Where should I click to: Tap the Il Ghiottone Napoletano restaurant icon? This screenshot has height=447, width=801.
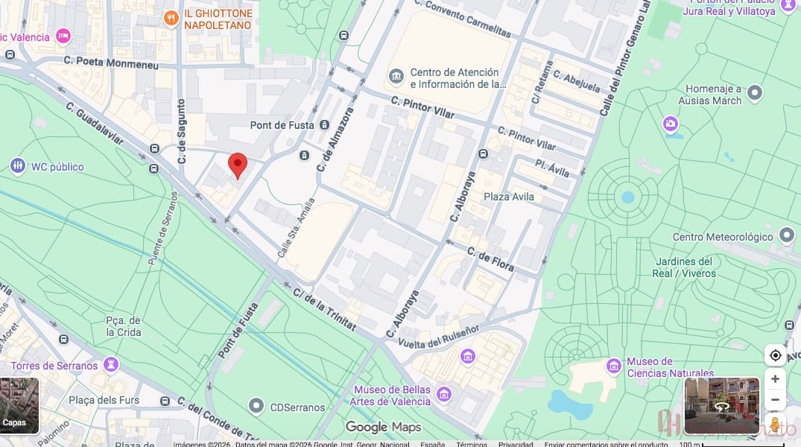(171, 19)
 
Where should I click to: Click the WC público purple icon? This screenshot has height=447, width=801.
(17, 166)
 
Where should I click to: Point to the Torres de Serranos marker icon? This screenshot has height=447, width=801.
(111, 365)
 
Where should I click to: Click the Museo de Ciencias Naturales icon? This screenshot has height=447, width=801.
(614, 366)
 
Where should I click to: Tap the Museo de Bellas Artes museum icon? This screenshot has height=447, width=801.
(444, 394)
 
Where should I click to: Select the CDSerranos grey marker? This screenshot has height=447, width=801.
(256, 407)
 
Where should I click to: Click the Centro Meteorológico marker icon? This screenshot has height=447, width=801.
(787, 236)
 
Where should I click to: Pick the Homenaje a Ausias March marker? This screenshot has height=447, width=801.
(755, 93)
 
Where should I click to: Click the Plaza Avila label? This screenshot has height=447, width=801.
(509, 197)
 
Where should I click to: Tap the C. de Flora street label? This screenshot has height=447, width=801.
(490, 259)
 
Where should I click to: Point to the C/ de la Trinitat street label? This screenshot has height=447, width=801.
(324, 308)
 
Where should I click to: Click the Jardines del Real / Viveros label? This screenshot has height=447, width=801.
(684, 267)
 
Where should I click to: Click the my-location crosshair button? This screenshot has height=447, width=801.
(775, 355)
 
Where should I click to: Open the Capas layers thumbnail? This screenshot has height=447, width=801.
(19, 405)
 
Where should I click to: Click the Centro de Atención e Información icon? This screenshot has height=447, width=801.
(396, 77)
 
